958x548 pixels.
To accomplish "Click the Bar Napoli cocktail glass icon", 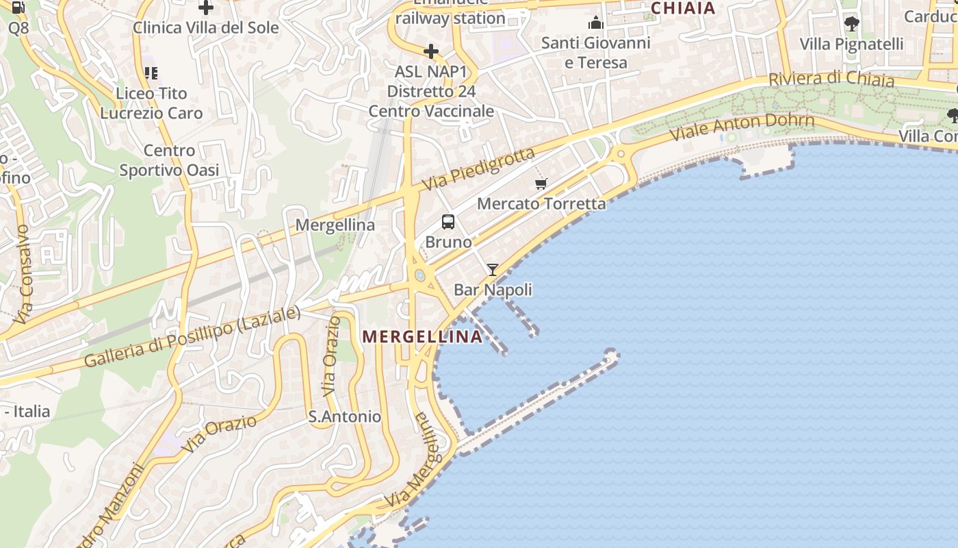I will [492, 269].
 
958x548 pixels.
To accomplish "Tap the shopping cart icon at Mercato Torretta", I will [541, 184].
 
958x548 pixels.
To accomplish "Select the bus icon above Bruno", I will [448, 222].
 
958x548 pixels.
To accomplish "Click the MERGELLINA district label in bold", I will [422, 336].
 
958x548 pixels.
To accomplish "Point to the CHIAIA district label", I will [683, 8].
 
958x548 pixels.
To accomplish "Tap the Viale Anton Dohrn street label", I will [742, 126].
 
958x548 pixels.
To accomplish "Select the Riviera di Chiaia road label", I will [831, 79].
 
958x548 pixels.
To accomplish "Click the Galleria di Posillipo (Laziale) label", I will [192, 337].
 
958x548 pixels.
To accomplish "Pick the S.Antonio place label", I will [344, 416].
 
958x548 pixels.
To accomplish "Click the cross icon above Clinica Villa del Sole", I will [205, 8].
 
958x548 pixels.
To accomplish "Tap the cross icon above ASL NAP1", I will [431, 51].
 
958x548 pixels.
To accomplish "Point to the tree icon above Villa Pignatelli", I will [851, 24].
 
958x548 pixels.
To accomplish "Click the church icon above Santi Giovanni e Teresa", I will [595, 23].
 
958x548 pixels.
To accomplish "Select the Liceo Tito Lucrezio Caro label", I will [151, 103].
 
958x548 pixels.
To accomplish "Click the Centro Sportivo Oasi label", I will [169, 160].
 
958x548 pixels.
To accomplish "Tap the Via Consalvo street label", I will [23, 274].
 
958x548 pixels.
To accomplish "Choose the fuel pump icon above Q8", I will [18, 8].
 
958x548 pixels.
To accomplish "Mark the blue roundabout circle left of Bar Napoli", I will [419, 276].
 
